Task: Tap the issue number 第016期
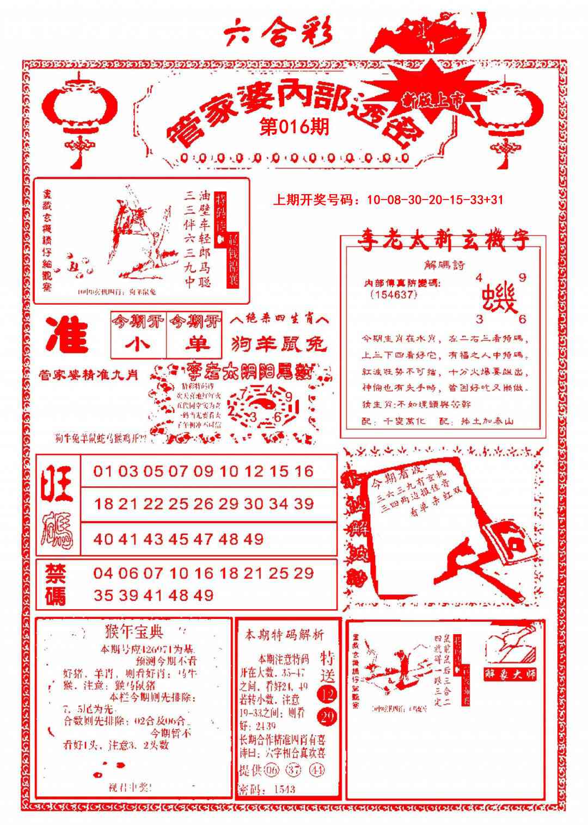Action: click(294, 127)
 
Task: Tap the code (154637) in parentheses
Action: click(393, 294)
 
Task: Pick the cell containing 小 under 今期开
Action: click(138, 344)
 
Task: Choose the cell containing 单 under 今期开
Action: click(194, 344)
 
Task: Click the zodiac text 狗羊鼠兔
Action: click(278, 344)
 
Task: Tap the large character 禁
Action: click(55, 573)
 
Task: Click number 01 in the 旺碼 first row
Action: click(102, 471)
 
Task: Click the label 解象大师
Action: click(510, 674)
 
